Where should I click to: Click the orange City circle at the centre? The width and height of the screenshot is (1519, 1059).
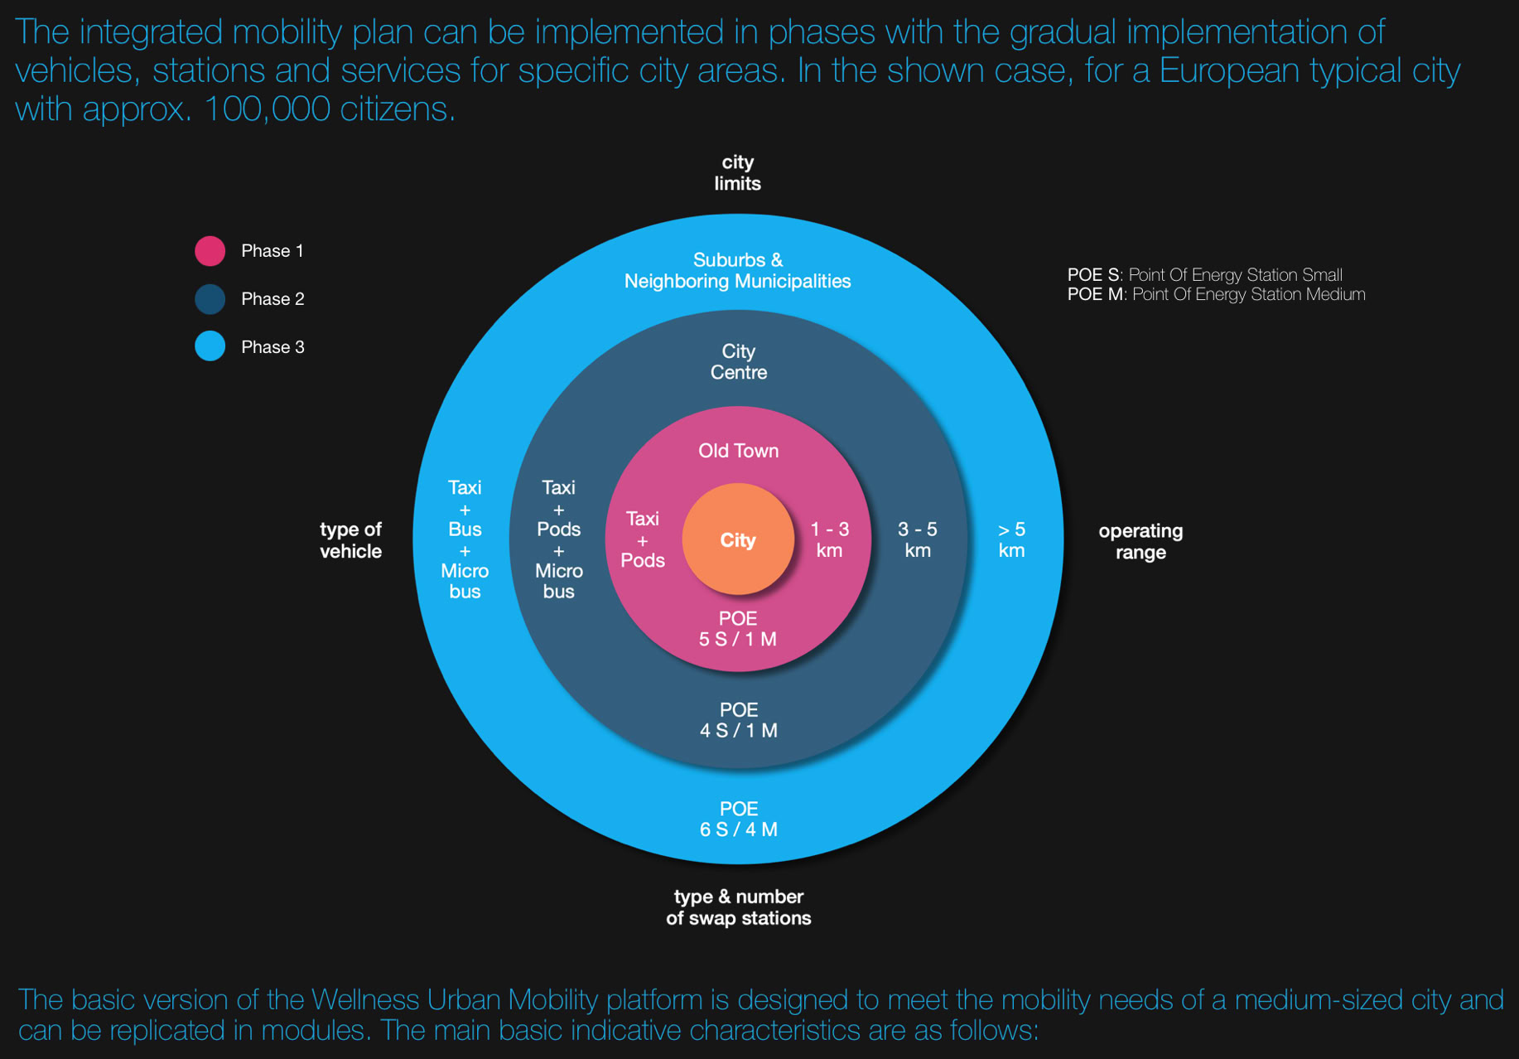point(737,540)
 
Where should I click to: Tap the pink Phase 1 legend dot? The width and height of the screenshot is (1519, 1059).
point(210,250)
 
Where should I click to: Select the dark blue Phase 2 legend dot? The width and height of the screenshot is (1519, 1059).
point(210,298)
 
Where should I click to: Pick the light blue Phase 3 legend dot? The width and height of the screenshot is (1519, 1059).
point(210,346)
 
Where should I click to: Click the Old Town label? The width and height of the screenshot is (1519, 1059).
point(738,451)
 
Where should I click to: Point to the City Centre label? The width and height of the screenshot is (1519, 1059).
point(739,362)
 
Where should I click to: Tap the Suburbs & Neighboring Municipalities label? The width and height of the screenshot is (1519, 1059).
point(737,271)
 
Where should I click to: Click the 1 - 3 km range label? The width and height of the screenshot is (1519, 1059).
point(829,540)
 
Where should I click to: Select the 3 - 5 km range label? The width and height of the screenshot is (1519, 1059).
point(918,540)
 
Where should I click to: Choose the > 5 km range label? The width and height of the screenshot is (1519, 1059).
point(1011,540)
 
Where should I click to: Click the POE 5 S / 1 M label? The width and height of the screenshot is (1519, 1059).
point(738,629)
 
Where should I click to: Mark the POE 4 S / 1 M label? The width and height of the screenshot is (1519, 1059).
point(739,720)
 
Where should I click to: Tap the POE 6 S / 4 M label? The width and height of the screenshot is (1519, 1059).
point(739,820)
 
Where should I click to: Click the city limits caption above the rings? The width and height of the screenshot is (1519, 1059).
point(737,172)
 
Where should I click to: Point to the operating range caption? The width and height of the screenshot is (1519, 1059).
point(1140,541)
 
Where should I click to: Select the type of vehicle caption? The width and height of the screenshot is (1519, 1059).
point(350,540)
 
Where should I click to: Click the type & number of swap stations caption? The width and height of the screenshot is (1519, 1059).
point(738,907)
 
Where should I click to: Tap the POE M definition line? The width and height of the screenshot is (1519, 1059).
point(1216,294)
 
